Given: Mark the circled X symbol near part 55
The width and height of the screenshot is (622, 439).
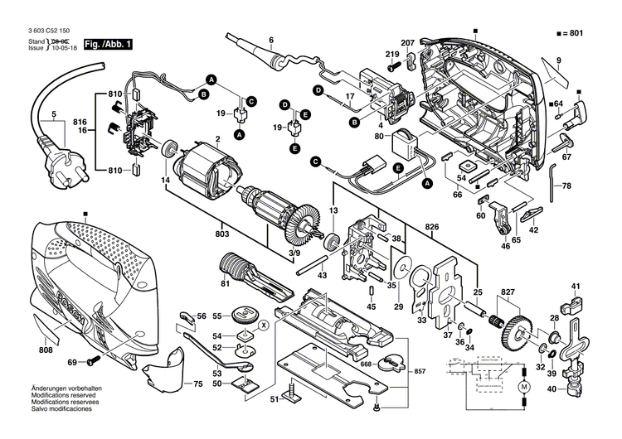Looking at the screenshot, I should pyautogui.click(x=263, y=325).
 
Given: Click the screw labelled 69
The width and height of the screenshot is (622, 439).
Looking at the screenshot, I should pyautogui.click(x=91, y=362).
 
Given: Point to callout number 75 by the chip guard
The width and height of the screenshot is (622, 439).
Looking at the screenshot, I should pyautogui.click(x=197, y=384).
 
